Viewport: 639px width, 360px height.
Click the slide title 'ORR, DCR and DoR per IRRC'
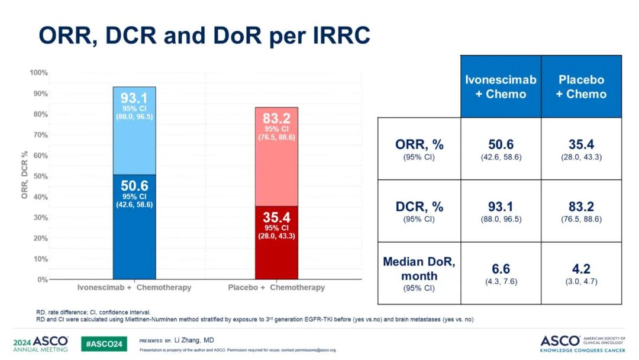click(x=204, y=36)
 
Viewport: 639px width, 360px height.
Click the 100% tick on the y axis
click(x=38, y=73)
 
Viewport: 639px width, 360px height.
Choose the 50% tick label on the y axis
click(x=40, y=176)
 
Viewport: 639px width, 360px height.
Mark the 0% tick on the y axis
click(x=41, y=279)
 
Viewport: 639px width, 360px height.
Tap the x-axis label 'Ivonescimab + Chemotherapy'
click(x=134, y=288)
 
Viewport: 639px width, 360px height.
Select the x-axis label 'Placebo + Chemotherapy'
click(x=276, y=288)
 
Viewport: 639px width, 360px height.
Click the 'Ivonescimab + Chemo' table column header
click(x=501, y=86)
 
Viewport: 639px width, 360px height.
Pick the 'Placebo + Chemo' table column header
click(x=581, y=86)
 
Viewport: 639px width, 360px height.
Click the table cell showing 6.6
click(x=501, y=272)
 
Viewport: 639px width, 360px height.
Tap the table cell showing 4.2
click(x=581, y=272)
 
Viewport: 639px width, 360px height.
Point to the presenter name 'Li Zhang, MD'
click(x=194, y=340)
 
